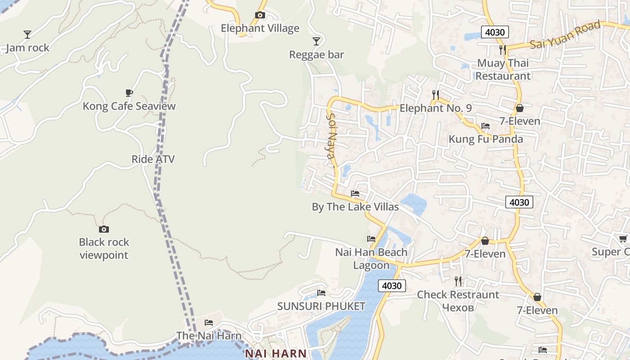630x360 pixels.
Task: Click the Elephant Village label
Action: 260,28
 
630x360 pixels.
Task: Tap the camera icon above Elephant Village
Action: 260,15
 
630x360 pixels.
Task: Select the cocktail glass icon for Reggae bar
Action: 316,41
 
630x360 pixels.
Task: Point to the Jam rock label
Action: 28,48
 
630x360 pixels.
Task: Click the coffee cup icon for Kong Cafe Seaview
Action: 129,93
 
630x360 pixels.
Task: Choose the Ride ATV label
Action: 153,159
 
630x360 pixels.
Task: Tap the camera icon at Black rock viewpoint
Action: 104,229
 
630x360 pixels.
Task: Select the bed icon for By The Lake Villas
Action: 355,194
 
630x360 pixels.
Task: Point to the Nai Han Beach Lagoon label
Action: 371,259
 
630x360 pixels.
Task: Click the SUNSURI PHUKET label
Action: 321,306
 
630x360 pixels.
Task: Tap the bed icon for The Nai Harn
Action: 209,323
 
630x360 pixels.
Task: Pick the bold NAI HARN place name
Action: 275,354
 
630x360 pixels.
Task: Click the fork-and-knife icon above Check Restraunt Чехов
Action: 458,281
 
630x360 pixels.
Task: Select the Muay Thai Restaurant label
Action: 503,69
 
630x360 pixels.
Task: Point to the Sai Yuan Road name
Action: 565,35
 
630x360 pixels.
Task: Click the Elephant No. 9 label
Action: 436,108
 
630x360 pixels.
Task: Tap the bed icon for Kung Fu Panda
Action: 486,126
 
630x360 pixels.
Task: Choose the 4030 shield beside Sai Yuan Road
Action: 495,32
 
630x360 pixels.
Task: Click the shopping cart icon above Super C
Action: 623,238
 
